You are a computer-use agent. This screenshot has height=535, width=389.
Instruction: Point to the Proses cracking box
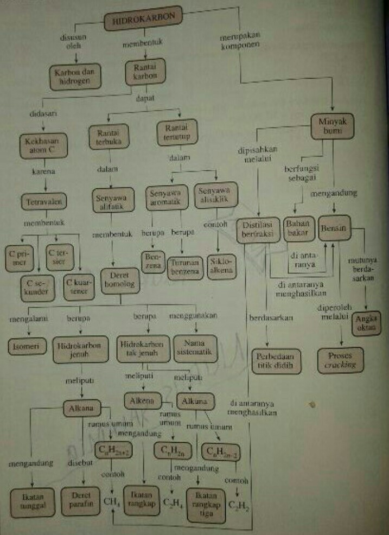coord(341,359)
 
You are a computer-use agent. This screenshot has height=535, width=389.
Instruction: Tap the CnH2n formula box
coord(171,450)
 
